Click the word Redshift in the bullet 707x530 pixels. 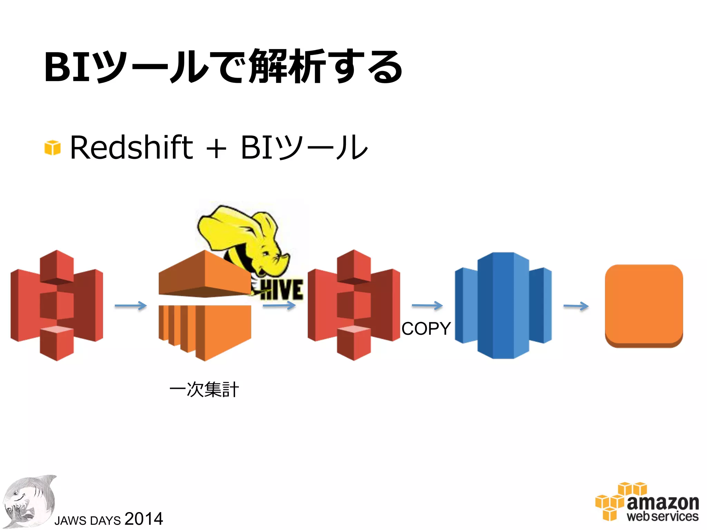[x=131, y=148]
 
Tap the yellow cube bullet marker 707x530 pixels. [x=52, y=148]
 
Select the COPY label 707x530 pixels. [x=426, y=328]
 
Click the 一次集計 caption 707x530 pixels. [x=204, y=390]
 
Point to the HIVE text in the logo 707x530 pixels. [x=281, y=290]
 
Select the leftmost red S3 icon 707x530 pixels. [x=57, y=306]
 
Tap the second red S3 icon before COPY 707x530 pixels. [x=353, y=306]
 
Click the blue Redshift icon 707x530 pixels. [x=503, y=306]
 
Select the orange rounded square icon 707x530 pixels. [x=644, y=306]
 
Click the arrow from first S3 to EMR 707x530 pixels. [x=130, y=306]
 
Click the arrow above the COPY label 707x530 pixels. [x=427, y=305]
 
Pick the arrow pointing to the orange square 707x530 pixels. [x=576, y=306]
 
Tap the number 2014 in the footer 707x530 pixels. [x=144, y=519]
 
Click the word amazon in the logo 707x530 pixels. [x=663, y=502]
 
